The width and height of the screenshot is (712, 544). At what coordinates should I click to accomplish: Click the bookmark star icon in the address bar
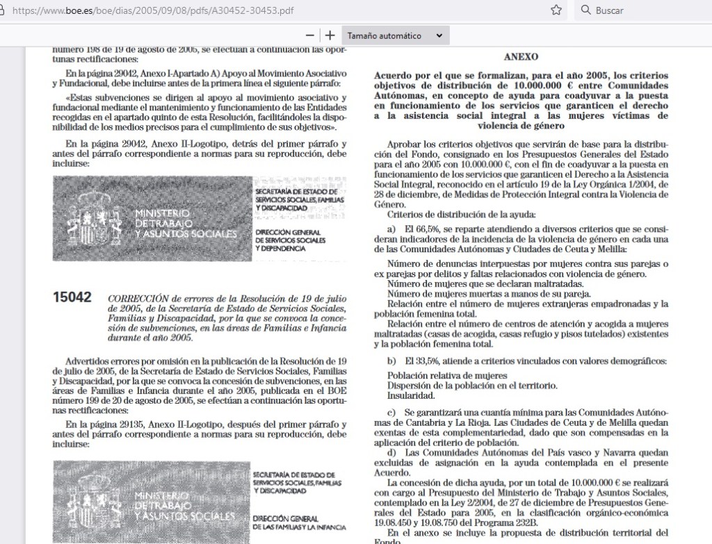point(556,10)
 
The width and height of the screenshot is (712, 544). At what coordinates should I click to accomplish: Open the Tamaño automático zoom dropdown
point(394,35)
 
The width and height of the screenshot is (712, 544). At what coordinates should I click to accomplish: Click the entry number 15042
point(72,297)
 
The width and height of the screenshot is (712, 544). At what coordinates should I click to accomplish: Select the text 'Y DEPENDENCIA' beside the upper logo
point(280,248)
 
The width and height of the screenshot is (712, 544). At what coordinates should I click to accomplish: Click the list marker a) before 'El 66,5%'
point(393,228)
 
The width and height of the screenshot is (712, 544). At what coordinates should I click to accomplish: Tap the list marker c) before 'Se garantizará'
point(392,413)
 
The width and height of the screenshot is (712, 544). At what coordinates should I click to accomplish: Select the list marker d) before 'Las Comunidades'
point(393,452)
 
